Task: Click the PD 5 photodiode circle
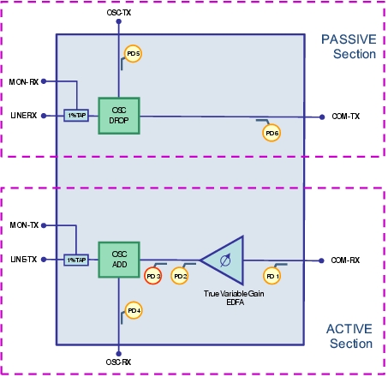(133, 54)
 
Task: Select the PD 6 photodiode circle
(272, 133)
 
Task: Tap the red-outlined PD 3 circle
(153, 276)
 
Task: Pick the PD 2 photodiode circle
(180, 276)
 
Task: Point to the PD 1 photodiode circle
(272, 276)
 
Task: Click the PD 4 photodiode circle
(134, 310)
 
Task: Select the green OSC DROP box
(119, 116)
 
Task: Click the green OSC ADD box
(119, 260)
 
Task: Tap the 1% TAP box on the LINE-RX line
(76, 116)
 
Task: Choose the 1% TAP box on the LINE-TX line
(76, 260)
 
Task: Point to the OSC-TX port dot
(119, 21)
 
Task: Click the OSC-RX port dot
(119, 354)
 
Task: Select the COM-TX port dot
(322, 117)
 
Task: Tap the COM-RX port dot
(321, 260)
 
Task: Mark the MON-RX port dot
(44, 81)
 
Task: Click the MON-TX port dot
(44, 225)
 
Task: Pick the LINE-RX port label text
(24, 116)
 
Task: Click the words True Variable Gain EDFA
(234, 298)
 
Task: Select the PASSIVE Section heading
(349, 46)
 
